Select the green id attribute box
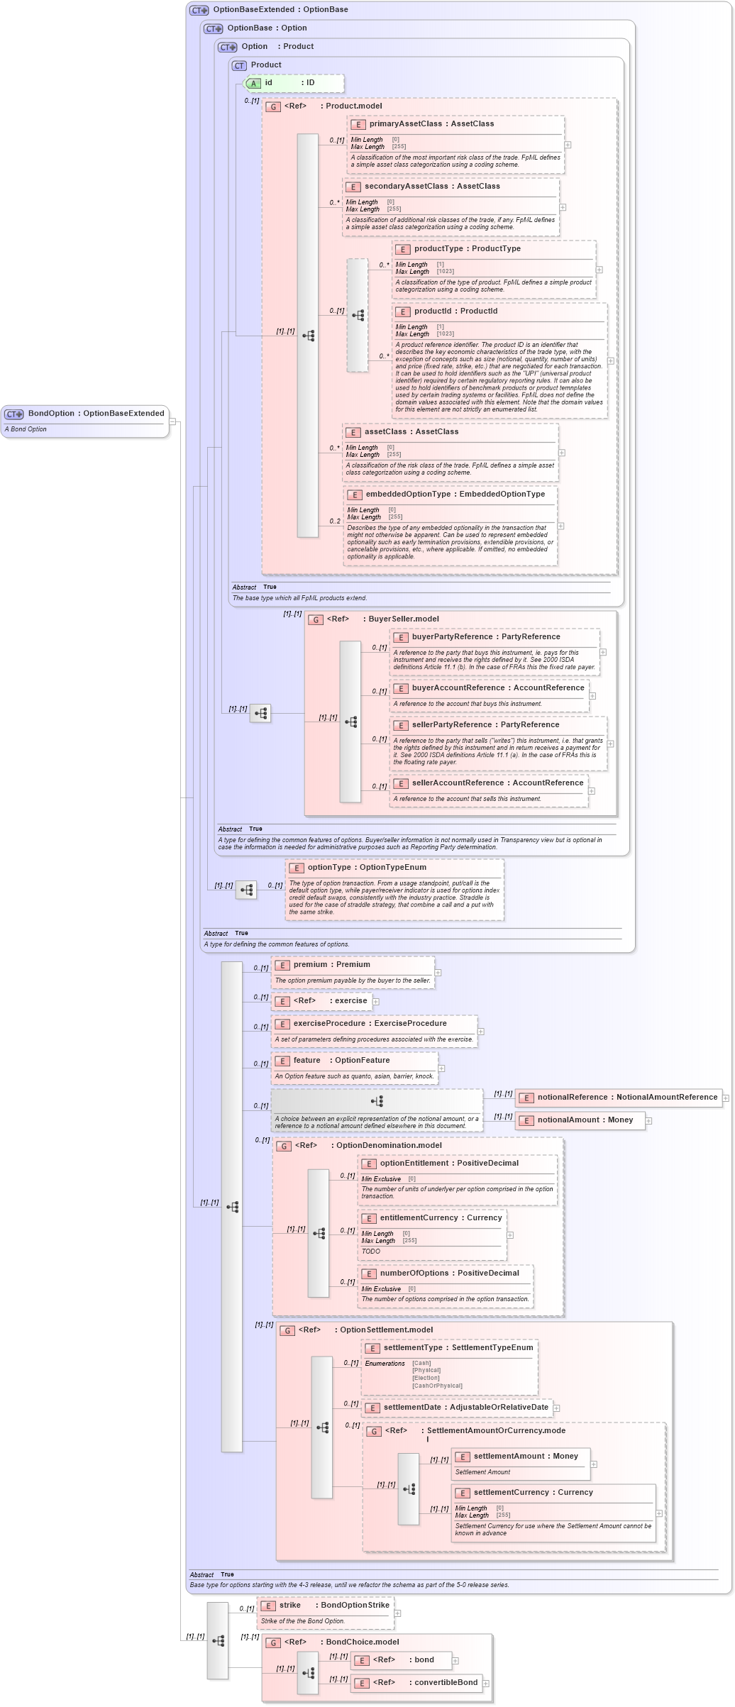293,83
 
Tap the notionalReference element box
619,1098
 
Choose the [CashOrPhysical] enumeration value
437,1386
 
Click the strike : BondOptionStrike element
325,1606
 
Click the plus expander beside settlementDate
557,1408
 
